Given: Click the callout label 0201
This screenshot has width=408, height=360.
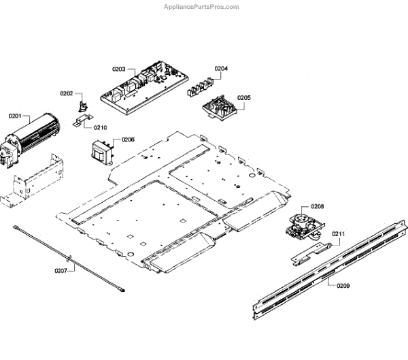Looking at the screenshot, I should (x=14, y=117).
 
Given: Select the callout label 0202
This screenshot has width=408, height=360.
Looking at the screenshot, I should (x=66, y=93).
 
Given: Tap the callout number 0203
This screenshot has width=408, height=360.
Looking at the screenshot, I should (x=119, y=69).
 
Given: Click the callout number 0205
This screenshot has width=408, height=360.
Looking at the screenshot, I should (x=243, y=98).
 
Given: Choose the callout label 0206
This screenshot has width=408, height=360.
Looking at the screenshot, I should (x=128, y=140).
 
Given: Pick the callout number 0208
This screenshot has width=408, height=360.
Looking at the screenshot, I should (x=317, y=206).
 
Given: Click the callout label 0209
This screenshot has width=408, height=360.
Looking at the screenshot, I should (x=343, y=286).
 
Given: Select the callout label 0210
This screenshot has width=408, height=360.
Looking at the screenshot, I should (x=100, y=127).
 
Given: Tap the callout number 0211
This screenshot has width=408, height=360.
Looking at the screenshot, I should (x=339, y=234).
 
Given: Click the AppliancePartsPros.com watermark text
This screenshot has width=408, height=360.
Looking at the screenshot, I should (x=201, y=7).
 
